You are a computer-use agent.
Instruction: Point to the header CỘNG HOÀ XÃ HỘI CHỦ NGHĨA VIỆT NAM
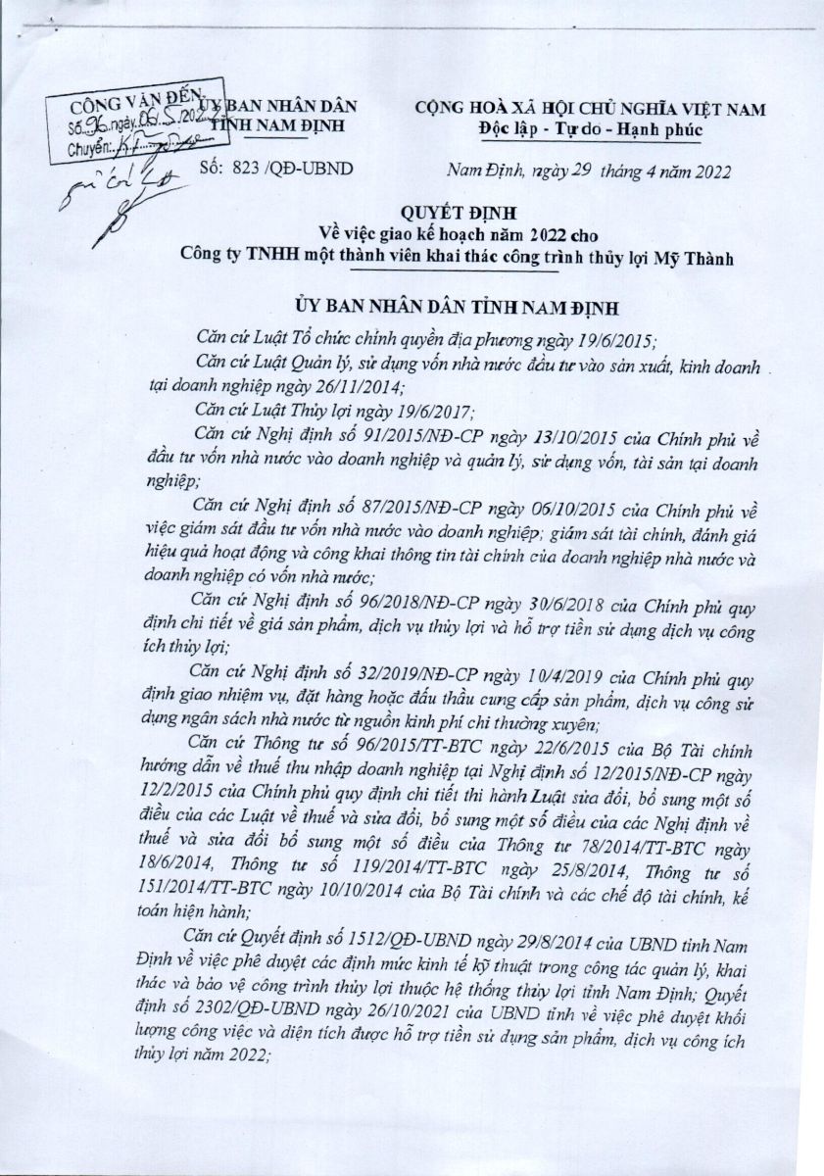pos(591,109)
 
